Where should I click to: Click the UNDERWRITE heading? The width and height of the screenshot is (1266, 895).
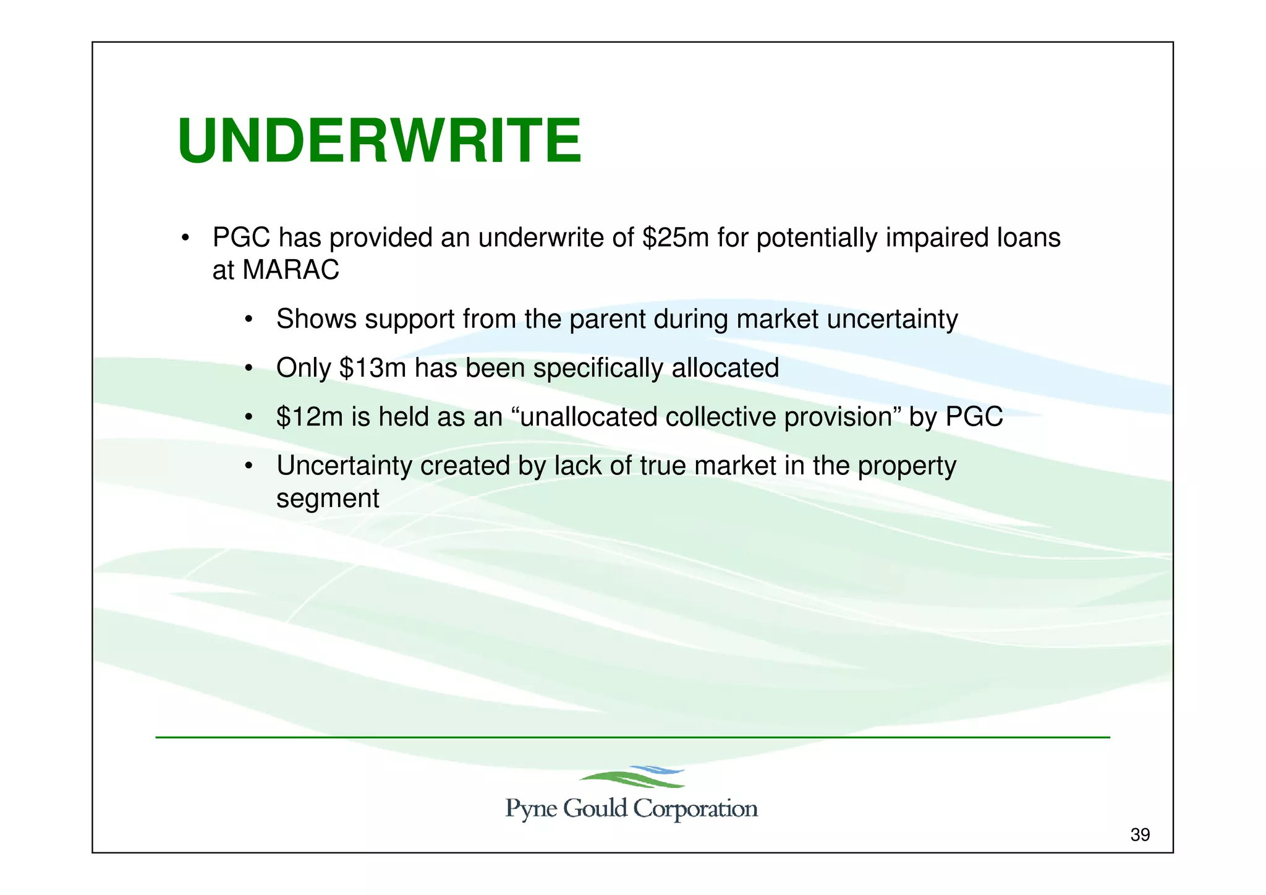click(x=379, y=142)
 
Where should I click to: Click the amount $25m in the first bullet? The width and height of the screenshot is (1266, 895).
click(x=675, y=238)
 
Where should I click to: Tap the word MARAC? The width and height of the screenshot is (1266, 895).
click(x=291, y=270)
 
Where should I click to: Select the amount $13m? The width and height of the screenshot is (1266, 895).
click(x=372, y=368)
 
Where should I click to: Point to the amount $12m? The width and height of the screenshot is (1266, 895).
click(x=309, y=417)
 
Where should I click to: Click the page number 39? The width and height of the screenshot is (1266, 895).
click(x=1140, y=835)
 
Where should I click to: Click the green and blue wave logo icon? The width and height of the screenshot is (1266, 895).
click(x=632, y=777)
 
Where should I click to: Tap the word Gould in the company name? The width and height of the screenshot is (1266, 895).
click(x=595, y=808)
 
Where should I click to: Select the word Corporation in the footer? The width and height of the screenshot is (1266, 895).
click(x=695, y=809)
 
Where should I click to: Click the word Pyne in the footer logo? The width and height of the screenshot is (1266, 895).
click(x=531, y=809)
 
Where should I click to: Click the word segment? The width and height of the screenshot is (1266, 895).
click(x=328, y=499)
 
